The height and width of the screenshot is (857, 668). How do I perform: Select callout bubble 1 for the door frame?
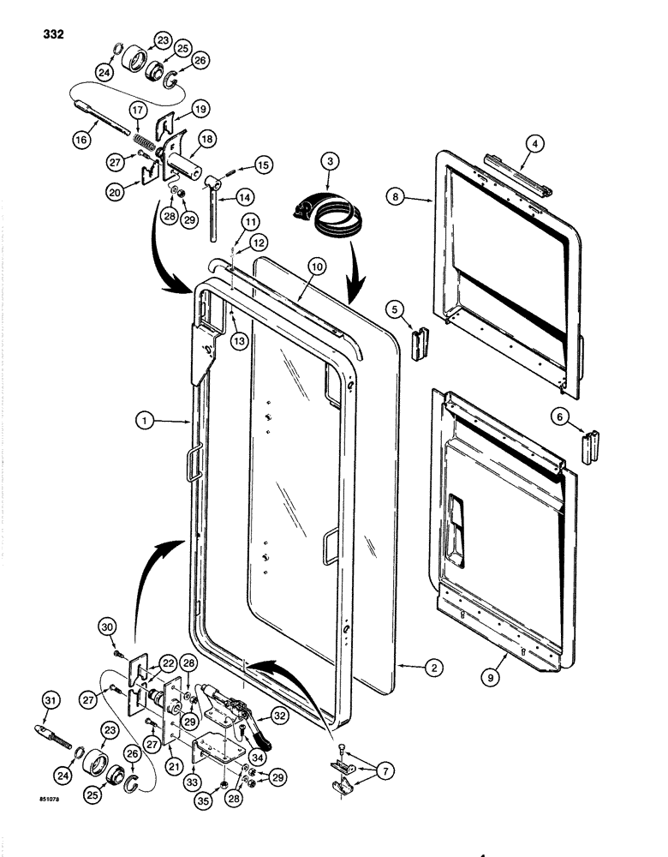coord(147,421)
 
